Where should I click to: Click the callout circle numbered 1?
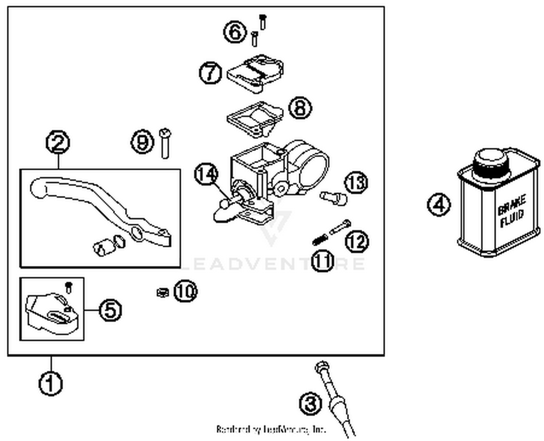pyautogui.click(x=50, y=383)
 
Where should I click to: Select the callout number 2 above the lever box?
pyautogui.click(x=58, y=142)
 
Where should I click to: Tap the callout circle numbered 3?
pyautogui.click(x=311, y=403)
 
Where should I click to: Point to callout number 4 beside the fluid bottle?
pyautogui.click(x=439, y=205)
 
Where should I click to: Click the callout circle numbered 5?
pyautogui.click(x=110, y=310)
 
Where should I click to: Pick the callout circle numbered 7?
pyautogui.click(x=211, y=72)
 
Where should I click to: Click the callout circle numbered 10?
pyautogui.click(x=185, y=291)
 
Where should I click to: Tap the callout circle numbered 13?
pyautogui.click(x=356, y=182)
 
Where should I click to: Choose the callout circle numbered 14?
pyautogui.click(x=206, y=174)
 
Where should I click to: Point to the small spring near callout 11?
pyautogui.click(x=320, y=239)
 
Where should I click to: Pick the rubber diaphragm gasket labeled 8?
pyautogui.click(x=254, y=118)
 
